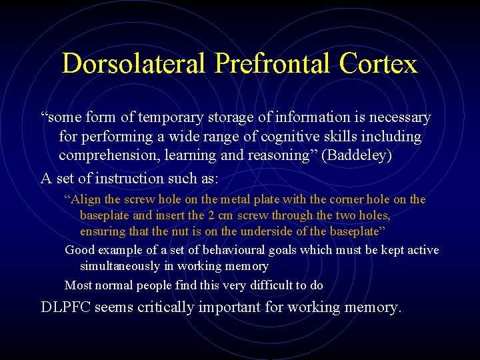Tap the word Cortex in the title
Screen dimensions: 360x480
[378, 64]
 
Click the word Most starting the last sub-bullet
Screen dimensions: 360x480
[77, 285]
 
